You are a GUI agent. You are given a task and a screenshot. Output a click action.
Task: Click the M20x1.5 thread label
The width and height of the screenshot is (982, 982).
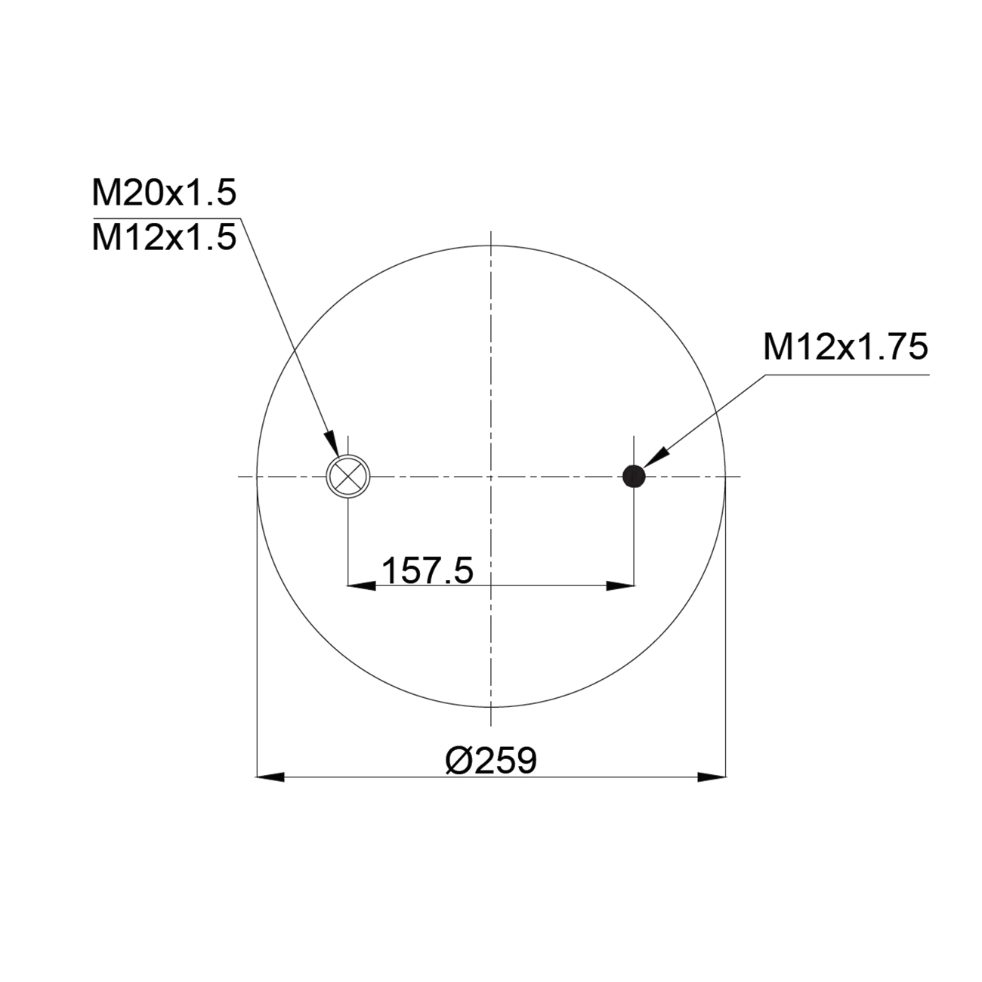click(164, 193)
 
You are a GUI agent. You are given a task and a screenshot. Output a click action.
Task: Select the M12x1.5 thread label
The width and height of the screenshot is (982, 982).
click(164, 237)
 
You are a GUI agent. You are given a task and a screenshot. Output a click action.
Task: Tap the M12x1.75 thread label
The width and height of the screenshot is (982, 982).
click(845, 347)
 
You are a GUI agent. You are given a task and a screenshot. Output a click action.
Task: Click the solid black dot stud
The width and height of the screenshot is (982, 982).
click(634, 477)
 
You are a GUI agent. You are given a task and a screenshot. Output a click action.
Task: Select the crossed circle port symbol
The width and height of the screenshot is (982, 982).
click(348, 477)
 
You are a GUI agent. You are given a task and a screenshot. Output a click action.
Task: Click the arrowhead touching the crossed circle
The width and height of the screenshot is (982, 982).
click(332, 443)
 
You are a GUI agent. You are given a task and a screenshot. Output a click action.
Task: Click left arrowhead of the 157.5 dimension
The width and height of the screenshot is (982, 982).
click(361, 586)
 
